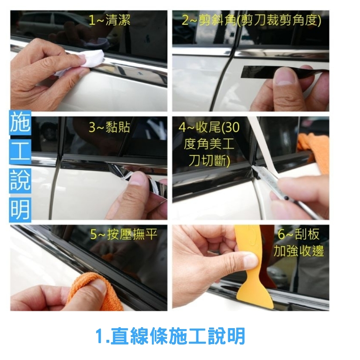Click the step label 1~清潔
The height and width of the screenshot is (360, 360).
click(x=109, y=20)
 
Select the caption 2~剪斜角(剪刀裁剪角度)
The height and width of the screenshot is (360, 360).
click(x=251, y=20)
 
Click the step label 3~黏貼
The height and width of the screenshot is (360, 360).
click(x=109, y=127)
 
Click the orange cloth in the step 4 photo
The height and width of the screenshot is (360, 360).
click(x=314, y=149)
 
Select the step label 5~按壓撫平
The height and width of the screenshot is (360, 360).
click(x=124, y=234)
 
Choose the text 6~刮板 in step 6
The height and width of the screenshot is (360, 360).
click(x=299, y=234)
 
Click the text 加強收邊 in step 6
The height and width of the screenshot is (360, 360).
click(x=299, y=251)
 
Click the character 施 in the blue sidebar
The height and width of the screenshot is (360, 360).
click(x=20, y=123)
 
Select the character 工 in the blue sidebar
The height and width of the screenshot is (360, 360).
click(x=20, y=151)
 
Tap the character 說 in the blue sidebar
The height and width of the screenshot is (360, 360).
click(x=20, y=180)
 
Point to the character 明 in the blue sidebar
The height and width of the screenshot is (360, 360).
click(x=20, y=210)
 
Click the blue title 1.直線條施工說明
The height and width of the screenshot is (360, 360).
click(x=170, y=336)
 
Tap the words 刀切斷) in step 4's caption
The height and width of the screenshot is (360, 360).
click(x=209, y=160)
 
